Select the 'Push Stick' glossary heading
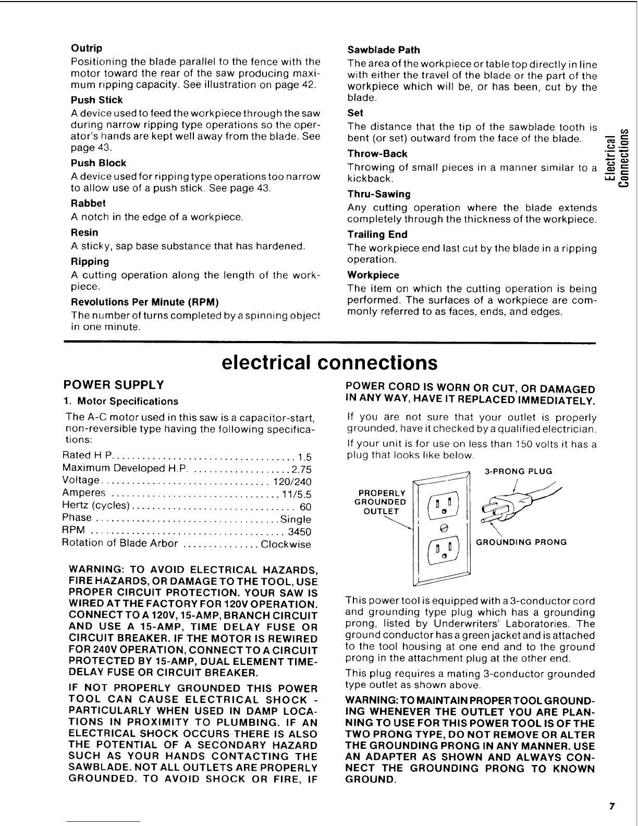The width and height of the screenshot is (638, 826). coord(96,100)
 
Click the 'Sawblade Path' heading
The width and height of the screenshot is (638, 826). coord(383,50)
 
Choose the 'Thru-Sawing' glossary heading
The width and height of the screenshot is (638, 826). coord(379,195)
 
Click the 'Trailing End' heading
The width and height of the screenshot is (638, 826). coord(377,235)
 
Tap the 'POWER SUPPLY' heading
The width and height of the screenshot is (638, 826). coord(113,385)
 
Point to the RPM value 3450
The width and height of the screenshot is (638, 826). coord(300,532)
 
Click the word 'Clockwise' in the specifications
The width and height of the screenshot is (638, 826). coord(286,544)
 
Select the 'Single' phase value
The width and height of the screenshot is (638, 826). coord(296,519)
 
